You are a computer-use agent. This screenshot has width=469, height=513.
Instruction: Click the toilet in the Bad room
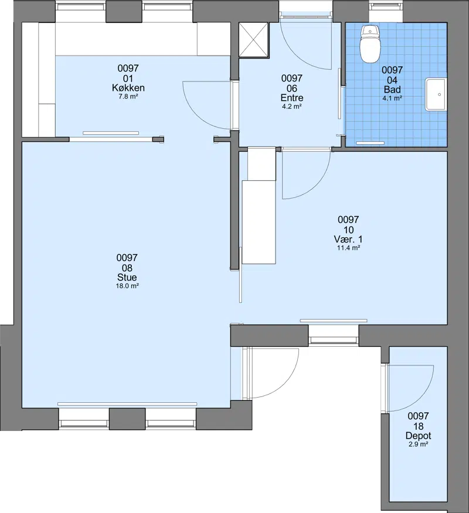(x=370, y=44)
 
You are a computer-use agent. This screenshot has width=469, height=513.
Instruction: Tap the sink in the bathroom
(x=436, y=94)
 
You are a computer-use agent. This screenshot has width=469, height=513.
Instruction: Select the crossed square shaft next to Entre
(x=254, y=40)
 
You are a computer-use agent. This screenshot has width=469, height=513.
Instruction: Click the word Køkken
(x=128, y=88)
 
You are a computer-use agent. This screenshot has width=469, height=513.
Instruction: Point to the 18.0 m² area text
(x=127, y=286)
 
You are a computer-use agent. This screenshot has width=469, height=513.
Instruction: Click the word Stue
(x=127, y=277)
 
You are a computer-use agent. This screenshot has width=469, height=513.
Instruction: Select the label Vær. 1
(x=348, y=239)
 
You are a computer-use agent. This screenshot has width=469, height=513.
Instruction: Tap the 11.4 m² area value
(x=348, y=248)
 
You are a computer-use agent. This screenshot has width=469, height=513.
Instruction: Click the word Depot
(x=418, y=436)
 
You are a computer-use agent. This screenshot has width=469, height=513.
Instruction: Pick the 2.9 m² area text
(x=418, y=444)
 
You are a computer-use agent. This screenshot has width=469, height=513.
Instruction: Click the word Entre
(x=292, y=97)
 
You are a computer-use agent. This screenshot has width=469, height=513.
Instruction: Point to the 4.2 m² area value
(x=292, y=107)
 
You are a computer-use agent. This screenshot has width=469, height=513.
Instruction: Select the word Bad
(x=392, y=90)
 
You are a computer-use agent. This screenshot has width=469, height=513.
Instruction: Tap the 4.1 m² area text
(x=392, y=98)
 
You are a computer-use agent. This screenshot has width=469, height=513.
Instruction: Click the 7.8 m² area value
(x=128, y=97)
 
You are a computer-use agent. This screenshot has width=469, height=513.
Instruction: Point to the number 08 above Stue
(x=127, y=268)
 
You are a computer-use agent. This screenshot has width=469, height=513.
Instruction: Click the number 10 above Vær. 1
(x=348, y=230)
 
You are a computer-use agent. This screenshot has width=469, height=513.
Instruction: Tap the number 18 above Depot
(x=418, y=426)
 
